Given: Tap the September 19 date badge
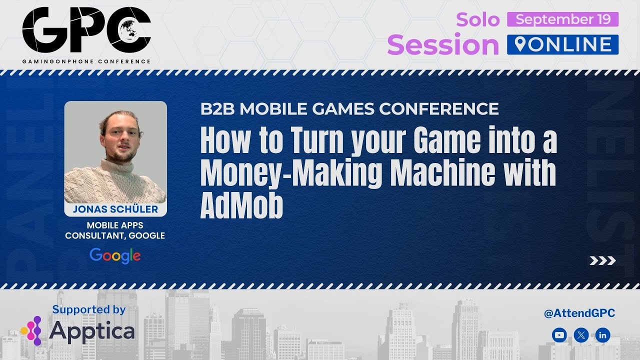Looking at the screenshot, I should (562, 19).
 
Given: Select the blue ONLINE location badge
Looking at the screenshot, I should (562, 44).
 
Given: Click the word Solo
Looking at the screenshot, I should (477, 19).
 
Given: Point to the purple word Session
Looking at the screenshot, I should (443, 45).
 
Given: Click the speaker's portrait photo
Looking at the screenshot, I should (115, 152).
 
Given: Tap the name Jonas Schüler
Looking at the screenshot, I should (115, 209).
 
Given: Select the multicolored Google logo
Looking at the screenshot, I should (115, 255).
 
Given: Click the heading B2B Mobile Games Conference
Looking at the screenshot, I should (349, 108).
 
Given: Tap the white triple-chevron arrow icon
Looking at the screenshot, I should (602, 260).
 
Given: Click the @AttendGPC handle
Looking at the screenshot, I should (579, 313).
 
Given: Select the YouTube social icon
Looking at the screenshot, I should (559, 335).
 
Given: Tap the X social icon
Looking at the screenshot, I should (580, 335).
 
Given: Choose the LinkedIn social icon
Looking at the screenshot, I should (602, 335).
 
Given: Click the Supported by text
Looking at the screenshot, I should (89, 309).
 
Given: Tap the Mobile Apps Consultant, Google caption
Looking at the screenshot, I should (115, 230).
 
